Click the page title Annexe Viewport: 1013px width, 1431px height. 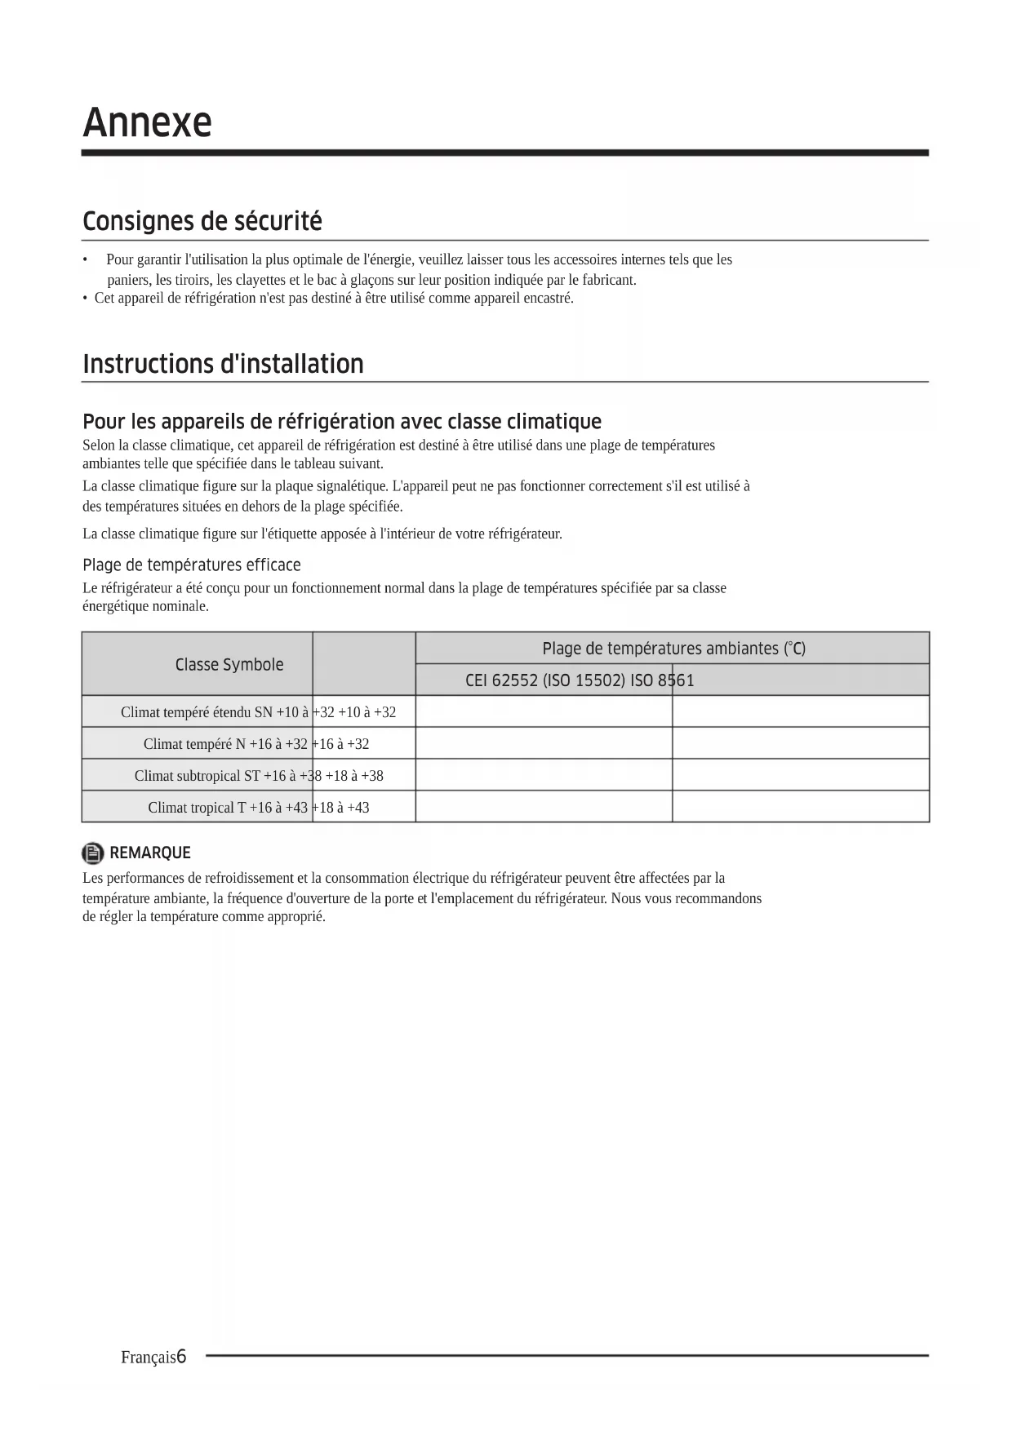[147, 122]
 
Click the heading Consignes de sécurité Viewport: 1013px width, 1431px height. [202, 221]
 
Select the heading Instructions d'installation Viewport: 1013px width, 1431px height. [223, 364]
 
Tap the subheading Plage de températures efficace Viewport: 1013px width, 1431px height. [192, 565]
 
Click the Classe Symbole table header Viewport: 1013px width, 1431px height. [229, 664]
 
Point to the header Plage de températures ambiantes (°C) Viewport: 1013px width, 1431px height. [673, 649]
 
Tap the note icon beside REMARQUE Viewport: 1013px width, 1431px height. [93, 853]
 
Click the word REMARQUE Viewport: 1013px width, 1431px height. [150, 853]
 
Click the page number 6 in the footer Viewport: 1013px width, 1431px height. [181, 1357]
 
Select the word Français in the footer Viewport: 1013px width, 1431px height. [148, 1358]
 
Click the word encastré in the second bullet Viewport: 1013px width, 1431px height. [547, 298]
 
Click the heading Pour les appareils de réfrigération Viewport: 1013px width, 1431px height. [342, 422]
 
